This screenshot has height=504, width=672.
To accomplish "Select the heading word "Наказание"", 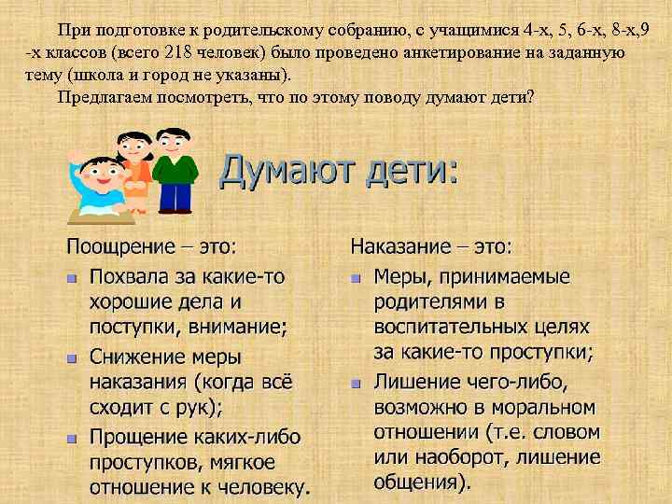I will (x=401, y=247).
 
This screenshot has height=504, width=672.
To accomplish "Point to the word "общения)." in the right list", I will (x=422, y=483).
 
